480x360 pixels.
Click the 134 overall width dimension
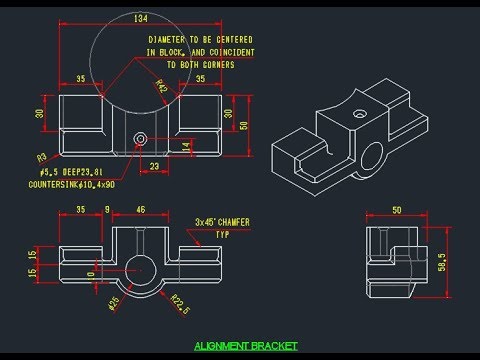[140, 18]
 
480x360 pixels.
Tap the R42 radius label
[161, 86]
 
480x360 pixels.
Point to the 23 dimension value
[154, 165]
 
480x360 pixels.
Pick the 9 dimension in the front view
[107, 211]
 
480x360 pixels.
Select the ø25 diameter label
[113, 302]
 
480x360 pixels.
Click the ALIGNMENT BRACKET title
[246, 346]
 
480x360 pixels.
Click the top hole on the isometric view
[357, 114]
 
